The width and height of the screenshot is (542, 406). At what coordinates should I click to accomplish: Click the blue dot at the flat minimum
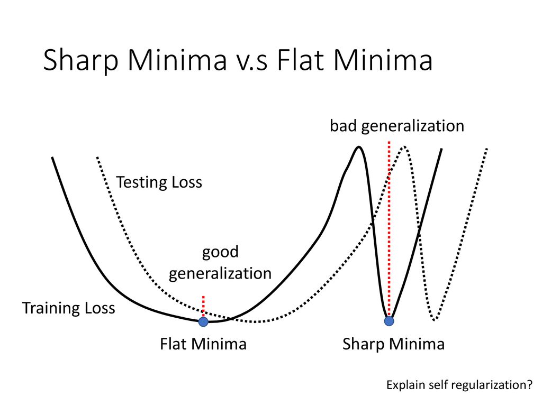(203, 322)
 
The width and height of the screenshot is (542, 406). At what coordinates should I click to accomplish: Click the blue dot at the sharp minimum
(389, 321)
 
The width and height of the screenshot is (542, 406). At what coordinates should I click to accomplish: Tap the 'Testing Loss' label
(159, 182)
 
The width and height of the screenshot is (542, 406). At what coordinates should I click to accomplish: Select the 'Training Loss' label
(68, 308)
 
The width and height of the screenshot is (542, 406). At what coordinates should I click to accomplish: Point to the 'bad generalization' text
(397, 126)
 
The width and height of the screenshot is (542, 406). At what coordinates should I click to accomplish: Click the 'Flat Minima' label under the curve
(203, 344)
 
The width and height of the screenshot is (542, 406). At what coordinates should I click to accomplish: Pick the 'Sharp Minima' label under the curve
(393, 344)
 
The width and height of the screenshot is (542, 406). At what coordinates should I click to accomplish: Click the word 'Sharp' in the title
(81, 61)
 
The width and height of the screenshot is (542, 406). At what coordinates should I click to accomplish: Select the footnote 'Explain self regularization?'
(459, 385)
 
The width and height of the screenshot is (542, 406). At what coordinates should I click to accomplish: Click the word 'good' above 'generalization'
(220, 252)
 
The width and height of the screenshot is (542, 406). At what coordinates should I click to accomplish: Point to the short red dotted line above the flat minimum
(203, 306)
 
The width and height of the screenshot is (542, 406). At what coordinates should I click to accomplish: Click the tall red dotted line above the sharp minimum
(389, 228)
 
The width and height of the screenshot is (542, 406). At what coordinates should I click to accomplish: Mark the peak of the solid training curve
(359, 147)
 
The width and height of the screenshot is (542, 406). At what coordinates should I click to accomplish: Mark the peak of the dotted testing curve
(403, 147)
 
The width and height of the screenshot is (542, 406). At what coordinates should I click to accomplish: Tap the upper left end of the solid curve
(52, 158)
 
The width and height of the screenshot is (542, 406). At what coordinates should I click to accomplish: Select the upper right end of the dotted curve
(487, 149)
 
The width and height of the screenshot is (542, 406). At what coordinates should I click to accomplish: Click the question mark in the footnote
(530, 384)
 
